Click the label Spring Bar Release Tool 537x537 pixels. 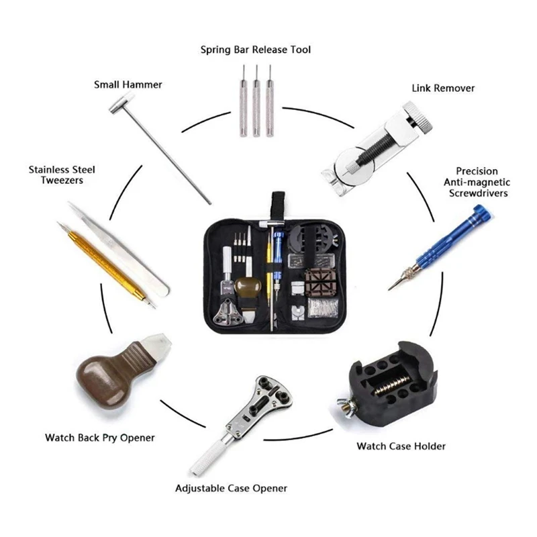(x=256, y=50)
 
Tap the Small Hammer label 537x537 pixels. (x=128, y=85)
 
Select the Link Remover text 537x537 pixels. (x=443, y=89)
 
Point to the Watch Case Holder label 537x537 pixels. (x=401, y=446)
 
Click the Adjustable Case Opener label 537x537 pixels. (x=231, y=489)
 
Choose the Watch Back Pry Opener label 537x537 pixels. (x=99, y=438)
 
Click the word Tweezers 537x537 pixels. (x=62, y=181)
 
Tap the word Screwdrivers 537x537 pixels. (x=478, y=193)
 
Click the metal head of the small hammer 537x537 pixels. (x=122, y=103)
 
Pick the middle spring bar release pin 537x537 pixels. (x=256, y=101)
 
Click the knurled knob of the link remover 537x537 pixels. (x=418, y=117)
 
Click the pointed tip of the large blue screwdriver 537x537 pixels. (x=389, y=290)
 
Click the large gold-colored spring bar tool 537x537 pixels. (x=107, y=264)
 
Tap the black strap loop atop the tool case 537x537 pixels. (x=278, y=206)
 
